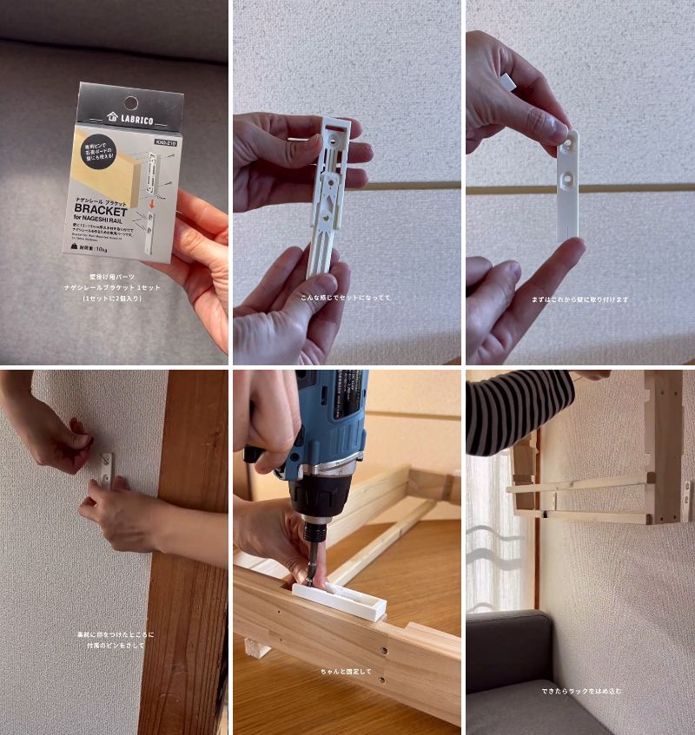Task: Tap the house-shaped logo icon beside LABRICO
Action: [112, 117]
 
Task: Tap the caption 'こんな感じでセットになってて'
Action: [346, 298]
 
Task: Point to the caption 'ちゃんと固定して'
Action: [346, 671]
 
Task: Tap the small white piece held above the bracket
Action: [508, 83]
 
